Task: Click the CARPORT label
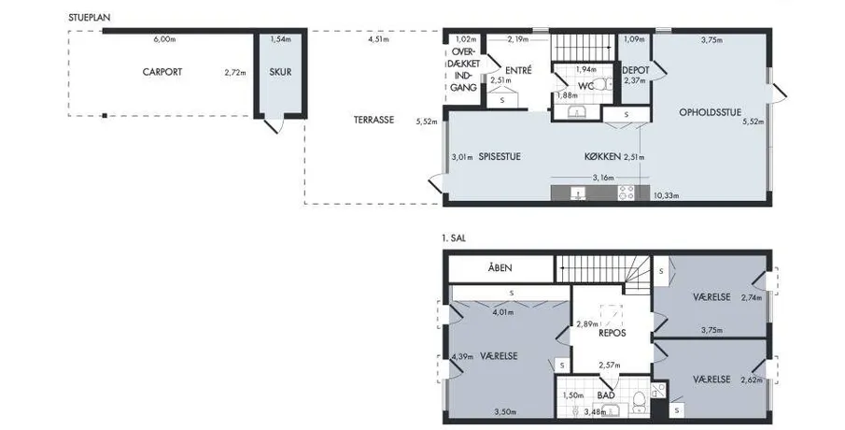pyautogui.click(x=162, y=72)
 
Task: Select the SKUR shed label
pyautogui.click(x=280, y=72)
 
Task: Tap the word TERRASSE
pyautogui.click(x=373, y=120)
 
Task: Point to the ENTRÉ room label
pyautogui.click(x=518, y=70)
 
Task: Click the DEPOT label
pyautogui.click(x=635, y=70)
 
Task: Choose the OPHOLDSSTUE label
pyautogui.click(x=710, y=112)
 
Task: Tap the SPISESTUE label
pyautogui.click(x=500, y=157)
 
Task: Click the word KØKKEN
pyautogui.click(x=602, y=157)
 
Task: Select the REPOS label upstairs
pyautogui.click(x=613, y=333)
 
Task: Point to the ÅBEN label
pyautogui.click(x=500, y=267)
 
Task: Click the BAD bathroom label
pyautogui.click(x=606, y=395)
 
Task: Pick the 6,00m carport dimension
pyautogui.click(x=165, y=39)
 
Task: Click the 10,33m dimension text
pyautogui.click(x=666, y=195)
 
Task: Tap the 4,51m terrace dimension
pyautogui.click(x=378, y=39)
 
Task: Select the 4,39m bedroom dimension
pyautogui.click(x=462, y=357)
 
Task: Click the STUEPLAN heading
pyautogui.click(x=90, y=18)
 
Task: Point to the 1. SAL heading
pyautogui.click(x=454, y=238)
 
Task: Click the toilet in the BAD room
pyautogui.click(x=640, y=401)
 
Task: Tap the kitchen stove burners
pyautogui.click(x=627, y=193)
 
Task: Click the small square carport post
pyautogui.click(x=105, y=116)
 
